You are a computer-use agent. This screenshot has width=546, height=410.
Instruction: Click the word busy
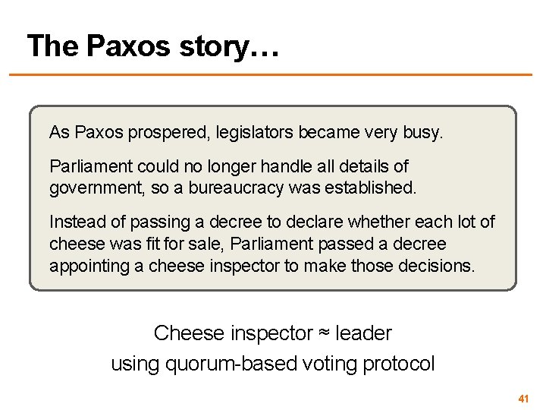click(x=421, y=133)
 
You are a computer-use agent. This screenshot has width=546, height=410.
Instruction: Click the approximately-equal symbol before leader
click(x=324, y=333)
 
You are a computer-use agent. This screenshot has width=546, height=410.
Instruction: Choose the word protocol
click(x=399, y=364)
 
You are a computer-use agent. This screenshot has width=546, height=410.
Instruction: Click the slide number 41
click(x=522, y=399)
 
